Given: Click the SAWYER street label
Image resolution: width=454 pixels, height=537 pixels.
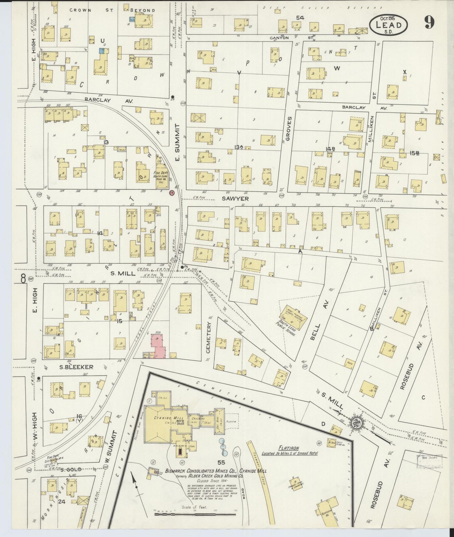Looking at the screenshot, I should tap(235, 198).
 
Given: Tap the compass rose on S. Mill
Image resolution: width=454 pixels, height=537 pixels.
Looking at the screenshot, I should tap(357, 422).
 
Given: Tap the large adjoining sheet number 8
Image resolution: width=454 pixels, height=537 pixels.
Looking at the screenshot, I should tap(23, 279).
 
